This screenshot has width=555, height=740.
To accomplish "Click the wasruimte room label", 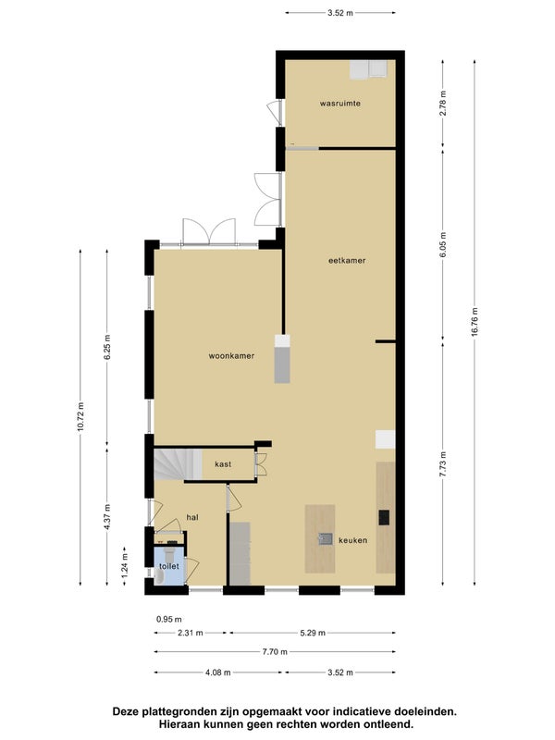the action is click(x=339, y=104).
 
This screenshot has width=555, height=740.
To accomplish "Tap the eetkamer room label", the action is click(x=347, y=261).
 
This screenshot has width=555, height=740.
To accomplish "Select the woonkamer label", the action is click(x=231, y=356).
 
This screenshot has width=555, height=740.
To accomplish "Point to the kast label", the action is click(x=223, y=464).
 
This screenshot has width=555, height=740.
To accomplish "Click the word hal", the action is click(x=192, y=517).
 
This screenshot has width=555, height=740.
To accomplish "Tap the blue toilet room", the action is click(x=169, y=566).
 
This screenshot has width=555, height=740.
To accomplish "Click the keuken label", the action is click(x=353, y=540).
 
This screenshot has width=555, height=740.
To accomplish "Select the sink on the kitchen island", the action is click(x=326, y=538).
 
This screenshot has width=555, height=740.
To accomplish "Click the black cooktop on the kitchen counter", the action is click(x=384, y=518).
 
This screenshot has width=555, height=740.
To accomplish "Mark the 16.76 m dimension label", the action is click(x=475, y=322).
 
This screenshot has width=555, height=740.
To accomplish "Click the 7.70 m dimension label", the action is click(x=275, y=652).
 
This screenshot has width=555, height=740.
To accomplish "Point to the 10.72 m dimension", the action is click(x=80, y=416).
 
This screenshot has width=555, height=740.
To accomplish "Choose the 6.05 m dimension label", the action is click(x=443, y=245).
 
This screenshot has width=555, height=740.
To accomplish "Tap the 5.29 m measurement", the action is click(x=313, y=633).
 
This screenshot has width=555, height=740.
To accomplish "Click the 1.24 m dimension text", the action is click(x=125, y=566).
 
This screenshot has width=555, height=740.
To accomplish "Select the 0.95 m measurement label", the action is click(x=169, y=619).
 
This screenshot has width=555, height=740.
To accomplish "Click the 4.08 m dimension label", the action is click(x=218, y=672).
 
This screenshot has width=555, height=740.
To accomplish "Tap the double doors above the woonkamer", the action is click(x=209, y=231).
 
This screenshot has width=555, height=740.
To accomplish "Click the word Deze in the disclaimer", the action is click(x=126, y=711).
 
